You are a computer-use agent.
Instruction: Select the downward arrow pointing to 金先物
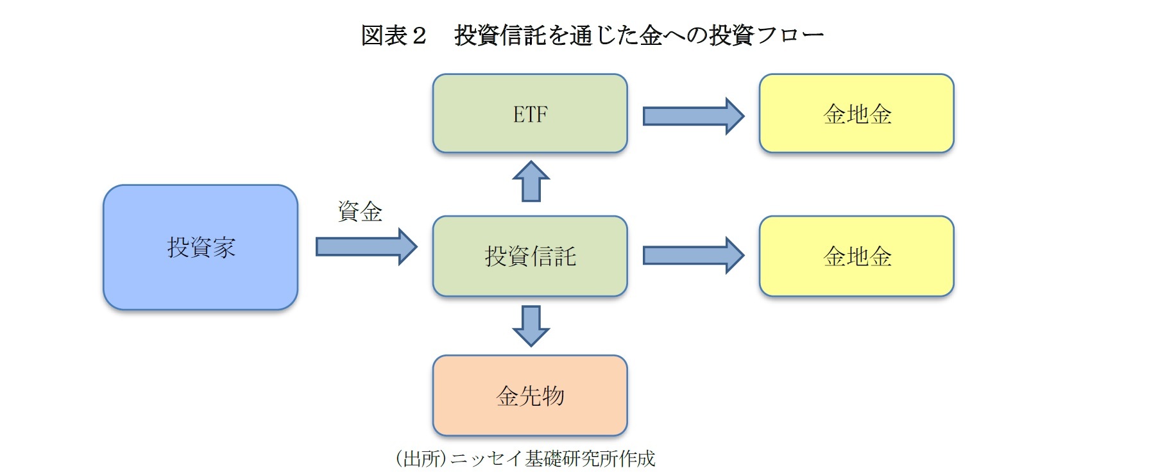(x=531, y=326)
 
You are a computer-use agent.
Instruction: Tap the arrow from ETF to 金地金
(x=693, y=116)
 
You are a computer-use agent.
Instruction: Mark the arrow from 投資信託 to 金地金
(x=693, y=256)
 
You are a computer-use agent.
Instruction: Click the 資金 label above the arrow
(x=360, y=212)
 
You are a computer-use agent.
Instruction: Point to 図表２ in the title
(x=393, y=35)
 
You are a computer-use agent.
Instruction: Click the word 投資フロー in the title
(x=766, y=35)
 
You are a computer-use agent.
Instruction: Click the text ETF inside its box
(x=530, y=114)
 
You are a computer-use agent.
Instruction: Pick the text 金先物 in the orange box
(x=530, y=396)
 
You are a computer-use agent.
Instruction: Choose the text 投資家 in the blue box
(x=201, y=247)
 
